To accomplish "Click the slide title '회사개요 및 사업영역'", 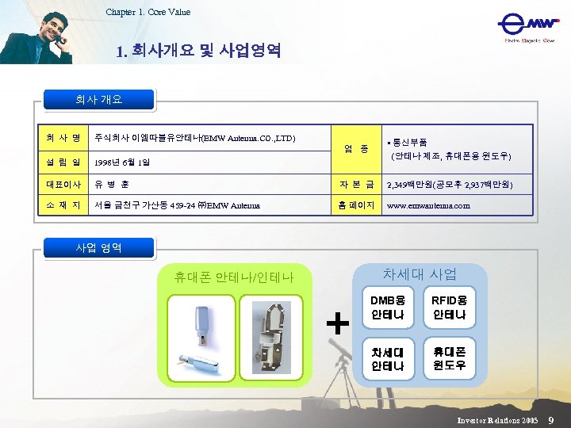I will click(197, 52).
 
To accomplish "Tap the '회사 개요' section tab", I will click(99, 100).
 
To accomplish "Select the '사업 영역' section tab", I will click(99, 247).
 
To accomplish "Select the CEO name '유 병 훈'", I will click(112, 184).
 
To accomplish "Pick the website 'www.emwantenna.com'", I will click(427, 206).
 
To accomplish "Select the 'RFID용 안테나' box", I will click(449, 308).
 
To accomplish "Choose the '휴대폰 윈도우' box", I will click(449, 358).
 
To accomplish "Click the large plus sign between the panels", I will click(338, 323).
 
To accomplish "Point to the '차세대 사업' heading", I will click(420, 274).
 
